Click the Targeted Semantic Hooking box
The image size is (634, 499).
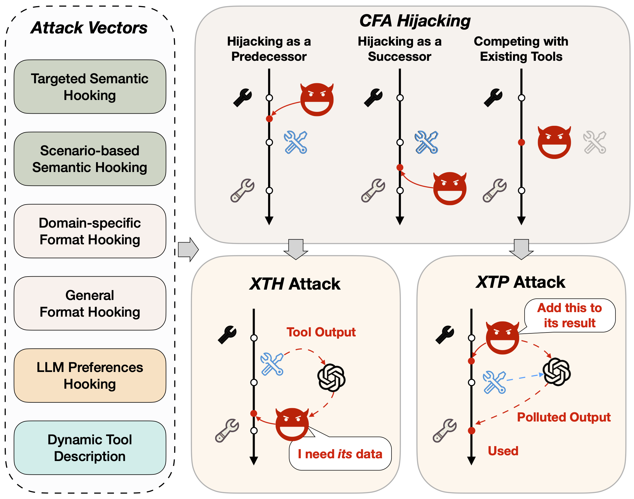90,87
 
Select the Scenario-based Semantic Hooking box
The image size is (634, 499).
90,159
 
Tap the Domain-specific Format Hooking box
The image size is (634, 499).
90,231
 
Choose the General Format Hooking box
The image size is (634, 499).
90,303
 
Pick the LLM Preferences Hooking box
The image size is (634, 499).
90,375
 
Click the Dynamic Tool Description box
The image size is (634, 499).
90,448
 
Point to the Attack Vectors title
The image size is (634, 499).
89,28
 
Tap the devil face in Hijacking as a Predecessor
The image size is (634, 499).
317,99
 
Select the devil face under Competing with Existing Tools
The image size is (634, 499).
554,142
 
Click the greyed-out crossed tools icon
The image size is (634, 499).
594,142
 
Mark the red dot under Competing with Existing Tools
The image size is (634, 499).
522,142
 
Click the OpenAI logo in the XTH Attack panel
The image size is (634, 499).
331,378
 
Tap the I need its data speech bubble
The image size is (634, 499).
340,454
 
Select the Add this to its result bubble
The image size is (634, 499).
570,315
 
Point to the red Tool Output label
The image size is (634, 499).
321,332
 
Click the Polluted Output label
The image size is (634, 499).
564,417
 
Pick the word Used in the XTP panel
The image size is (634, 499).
503,451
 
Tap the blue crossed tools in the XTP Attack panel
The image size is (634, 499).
494,382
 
